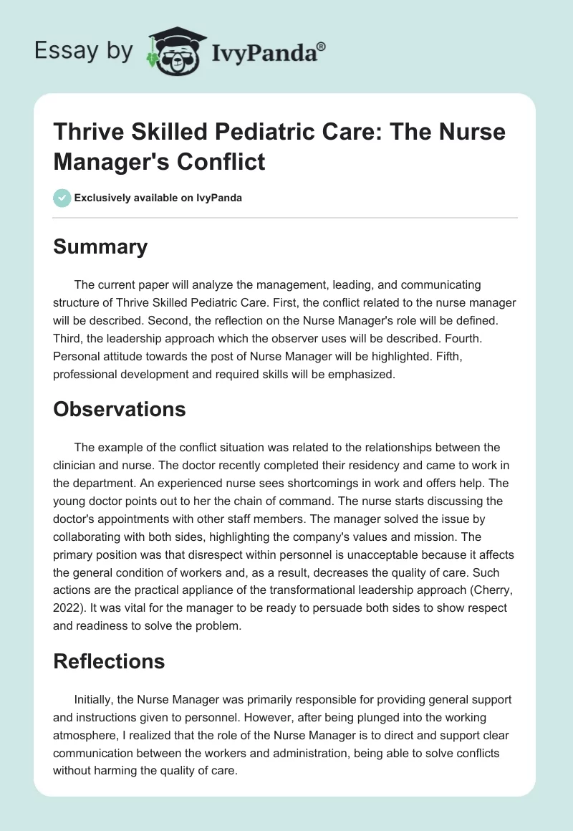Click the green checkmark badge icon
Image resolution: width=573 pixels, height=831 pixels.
pyautogui.click(x=62, y=198)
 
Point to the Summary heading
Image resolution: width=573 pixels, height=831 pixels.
pyautogui.click(x=100, y=247)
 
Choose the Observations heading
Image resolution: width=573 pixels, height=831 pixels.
pyautogui.click(x=119, y=409)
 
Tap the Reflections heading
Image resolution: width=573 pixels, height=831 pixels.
pyautogui.click(x=109, y=663)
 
